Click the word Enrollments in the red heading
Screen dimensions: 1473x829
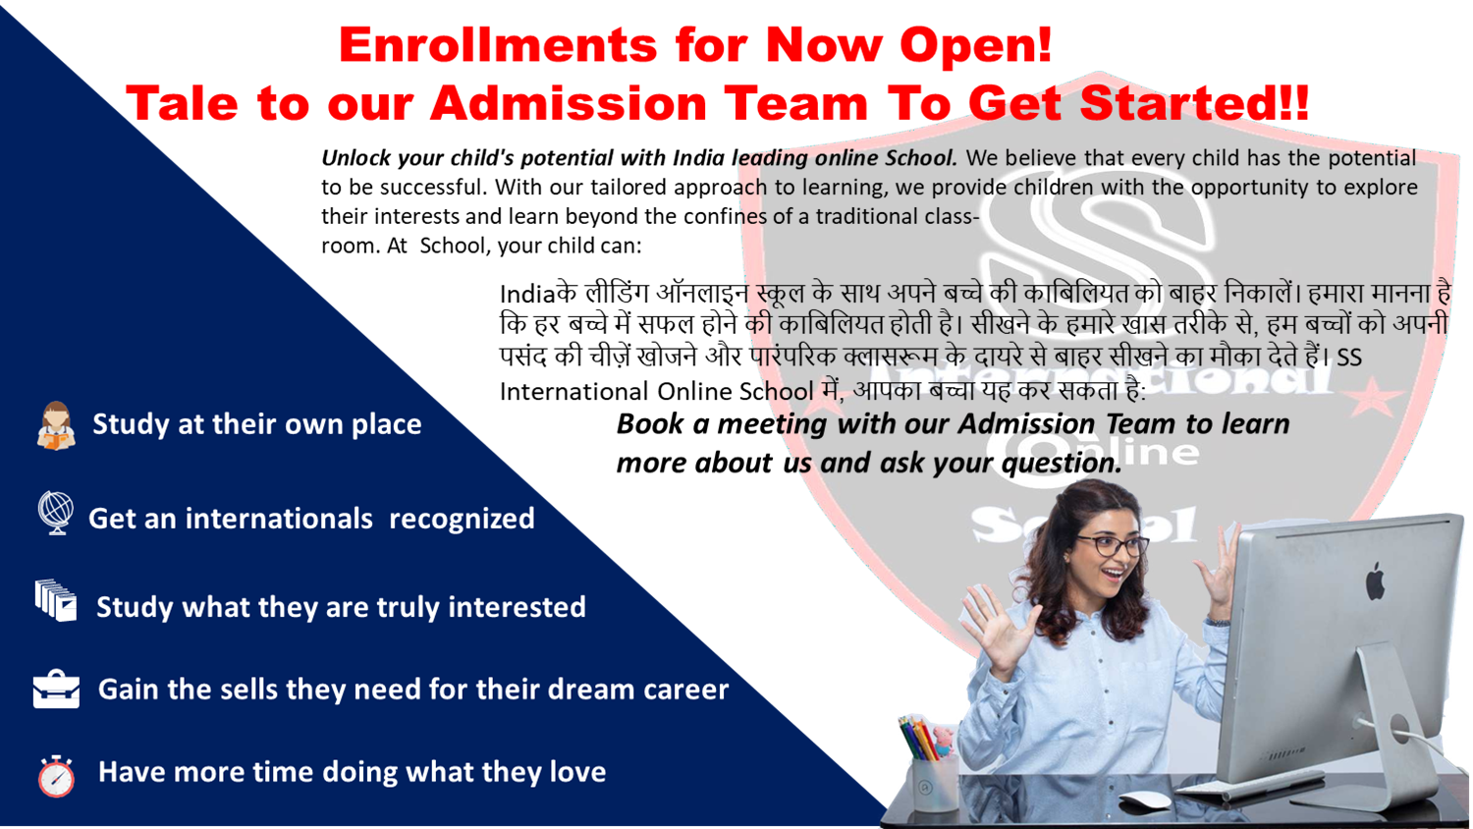pyautogui.click(x=498, y=45)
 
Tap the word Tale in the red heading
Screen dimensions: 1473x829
pyautogui.click(x=182, y=104)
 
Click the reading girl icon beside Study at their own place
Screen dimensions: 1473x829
pyautogui.click(x=56, y=425)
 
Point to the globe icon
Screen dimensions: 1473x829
pyautogui.click(x=56, y=513)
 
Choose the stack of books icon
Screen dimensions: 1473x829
pyautogui.click(x=56, y=600)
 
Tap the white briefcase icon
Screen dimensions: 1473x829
pyautogui.click(x=57, y=689)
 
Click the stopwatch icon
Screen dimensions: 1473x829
pyautogui.click(x=57, y=776)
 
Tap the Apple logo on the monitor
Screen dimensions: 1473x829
pyautogui.click(x=1375, y=581)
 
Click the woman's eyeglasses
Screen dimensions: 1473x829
pyautogui.click(x=1118, y=545)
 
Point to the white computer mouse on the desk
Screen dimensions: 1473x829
pyautogui.click(x=1145, y=800)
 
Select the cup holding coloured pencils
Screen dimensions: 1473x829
pyautogui.click(x=935, y=784)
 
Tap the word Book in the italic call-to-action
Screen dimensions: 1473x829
pyautogui.click(x=650, y=423)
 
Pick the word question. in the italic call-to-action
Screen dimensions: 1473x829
pyautogui.click(x=1062, y=464)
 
